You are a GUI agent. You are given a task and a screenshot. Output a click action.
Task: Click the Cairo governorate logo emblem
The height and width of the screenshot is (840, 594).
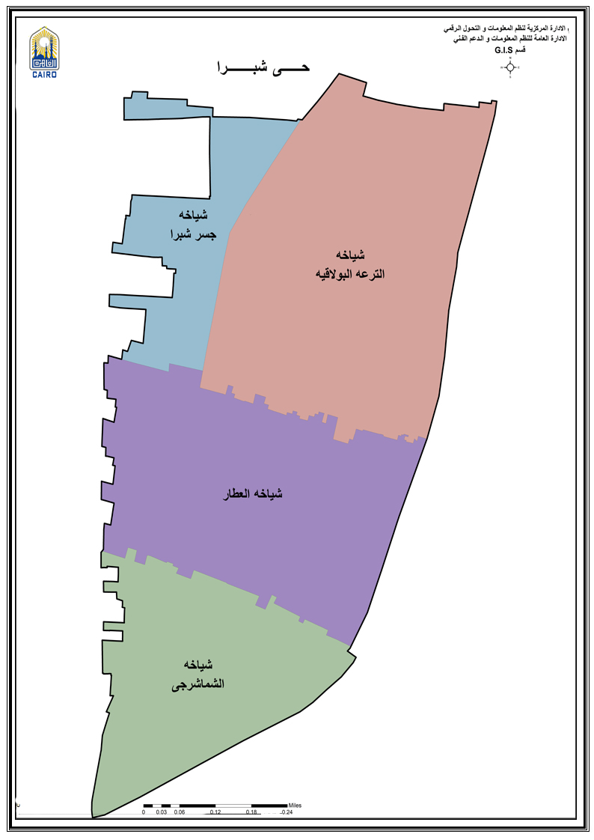point(44,47)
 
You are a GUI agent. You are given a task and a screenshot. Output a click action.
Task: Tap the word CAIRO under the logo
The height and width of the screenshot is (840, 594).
point(44,73)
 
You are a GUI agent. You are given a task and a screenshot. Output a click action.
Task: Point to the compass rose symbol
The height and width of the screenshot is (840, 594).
point(510,67)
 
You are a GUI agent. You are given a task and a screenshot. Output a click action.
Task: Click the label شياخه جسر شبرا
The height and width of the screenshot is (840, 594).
point(191,225)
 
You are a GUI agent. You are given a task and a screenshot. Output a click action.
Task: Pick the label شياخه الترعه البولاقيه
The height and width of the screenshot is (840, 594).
point(350,264)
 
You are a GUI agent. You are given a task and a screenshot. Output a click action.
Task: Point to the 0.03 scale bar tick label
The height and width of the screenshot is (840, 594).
point(161,812)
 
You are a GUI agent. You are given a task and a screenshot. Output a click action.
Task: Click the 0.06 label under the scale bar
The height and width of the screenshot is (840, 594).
point(179,812)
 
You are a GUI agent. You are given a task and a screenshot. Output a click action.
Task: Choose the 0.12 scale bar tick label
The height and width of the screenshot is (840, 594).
point(215,812)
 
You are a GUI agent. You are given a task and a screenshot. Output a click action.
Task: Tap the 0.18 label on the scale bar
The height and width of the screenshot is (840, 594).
point(251,812)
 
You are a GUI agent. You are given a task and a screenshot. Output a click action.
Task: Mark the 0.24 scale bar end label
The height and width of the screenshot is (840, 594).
point(287,812)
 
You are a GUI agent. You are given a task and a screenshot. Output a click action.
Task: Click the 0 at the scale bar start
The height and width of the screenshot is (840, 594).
point(144,812)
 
